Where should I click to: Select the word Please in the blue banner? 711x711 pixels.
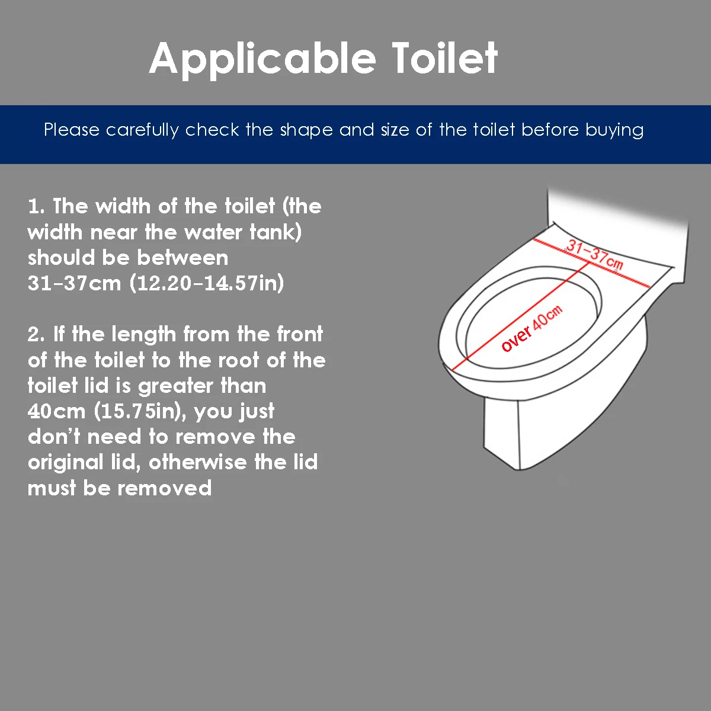72,130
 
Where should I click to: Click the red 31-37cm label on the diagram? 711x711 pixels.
594,254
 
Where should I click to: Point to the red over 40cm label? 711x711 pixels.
531,329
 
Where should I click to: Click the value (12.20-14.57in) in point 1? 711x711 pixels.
207,283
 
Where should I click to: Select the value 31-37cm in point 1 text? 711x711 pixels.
74,283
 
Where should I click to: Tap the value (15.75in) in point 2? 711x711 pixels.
140,411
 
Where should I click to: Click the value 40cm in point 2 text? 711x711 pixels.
56,411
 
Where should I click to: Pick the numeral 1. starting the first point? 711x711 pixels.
36,206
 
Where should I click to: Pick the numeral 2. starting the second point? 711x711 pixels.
36,335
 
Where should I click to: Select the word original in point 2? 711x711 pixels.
65,462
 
